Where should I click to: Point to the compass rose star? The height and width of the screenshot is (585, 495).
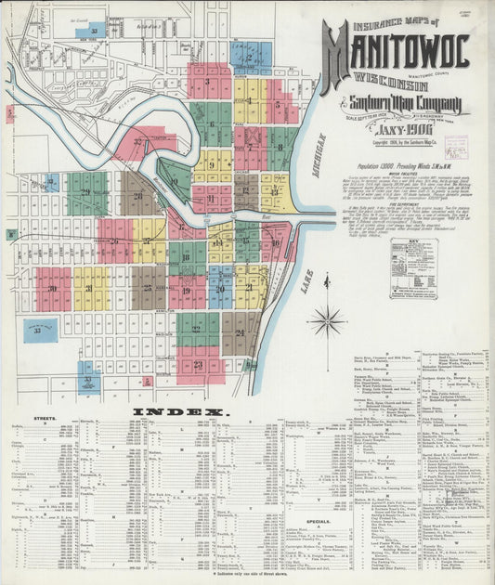pos(327,321)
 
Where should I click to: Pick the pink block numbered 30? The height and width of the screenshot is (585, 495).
pos(53,289)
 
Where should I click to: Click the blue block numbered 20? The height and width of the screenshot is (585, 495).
pos(220,287)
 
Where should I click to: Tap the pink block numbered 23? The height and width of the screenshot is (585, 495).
pos(198,364)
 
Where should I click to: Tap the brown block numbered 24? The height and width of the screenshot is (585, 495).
pos(241,329)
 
